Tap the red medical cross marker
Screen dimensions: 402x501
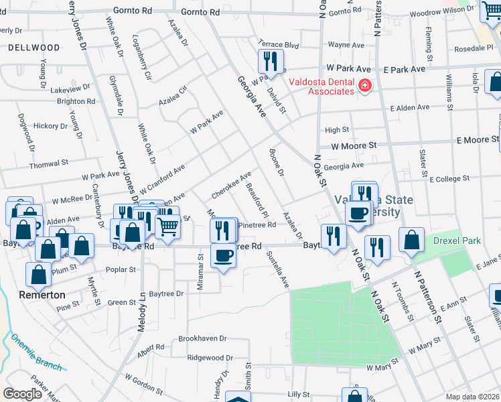[x=364, y=86]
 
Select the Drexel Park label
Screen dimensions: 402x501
[x=457, y=240]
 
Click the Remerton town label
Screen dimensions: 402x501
[x=42, y=295]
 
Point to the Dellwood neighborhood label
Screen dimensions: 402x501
[x=34, y=48]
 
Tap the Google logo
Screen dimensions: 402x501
[x=22, y=393]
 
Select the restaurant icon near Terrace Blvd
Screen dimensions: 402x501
[x=268, y=62]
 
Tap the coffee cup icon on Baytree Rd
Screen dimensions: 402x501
[x=223, y=255]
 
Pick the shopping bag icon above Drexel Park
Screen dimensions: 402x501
[x=411, y=239]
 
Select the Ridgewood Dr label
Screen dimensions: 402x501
[x=210, y=358]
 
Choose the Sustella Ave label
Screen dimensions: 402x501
[x=277, y=269]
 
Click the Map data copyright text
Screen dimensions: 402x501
[x=473, y=397]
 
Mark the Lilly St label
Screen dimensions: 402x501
[x=298, y=395]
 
